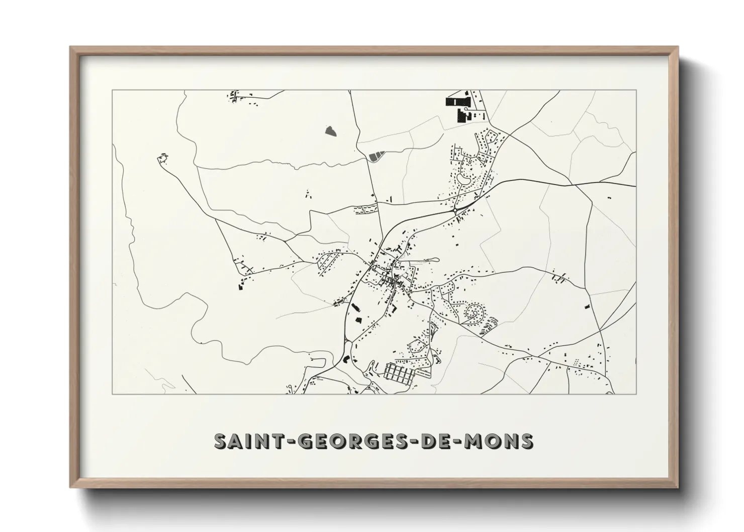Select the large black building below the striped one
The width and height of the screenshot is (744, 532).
click(461, 115)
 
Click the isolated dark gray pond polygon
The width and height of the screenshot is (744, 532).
click(330, 131)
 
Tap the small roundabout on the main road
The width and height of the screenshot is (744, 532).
click(455, 212)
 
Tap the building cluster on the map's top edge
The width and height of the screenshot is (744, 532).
click(234, 96)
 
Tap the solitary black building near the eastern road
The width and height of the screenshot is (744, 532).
click(586, 306)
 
